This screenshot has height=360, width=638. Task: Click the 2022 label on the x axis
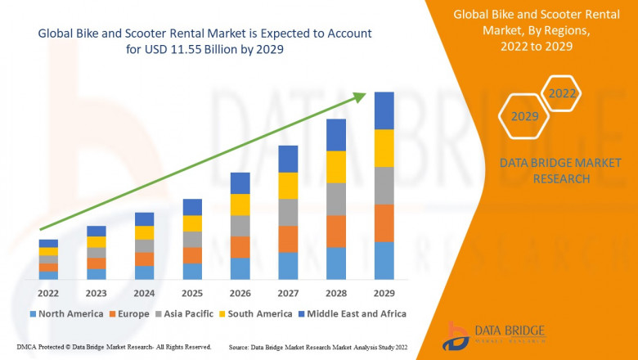tap(48, 293)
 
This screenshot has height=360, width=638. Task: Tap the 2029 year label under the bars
tap(384, 293)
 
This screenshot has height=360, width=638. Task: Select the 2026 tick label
tap(240, 293)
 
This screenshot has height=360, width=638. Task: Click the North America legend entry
tap(65, 313)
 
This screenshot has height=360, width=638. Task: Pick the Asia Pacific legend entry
tap(184, 313)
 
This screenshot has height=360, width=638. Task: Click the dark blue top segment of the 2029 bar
tap(384, 110)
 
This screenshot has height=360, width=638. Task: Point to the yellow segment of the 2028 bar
tap(336, 167)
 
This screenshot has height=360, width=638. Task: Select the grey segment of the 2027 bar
tap(288, 212)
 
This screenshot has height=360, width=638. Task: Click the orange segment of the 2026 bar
tap(240, 247)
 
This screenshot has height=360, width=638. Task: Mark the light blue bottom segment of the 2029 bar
tap(384, 260)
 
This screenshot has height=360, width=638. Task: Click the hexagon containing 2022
tap(562, 94)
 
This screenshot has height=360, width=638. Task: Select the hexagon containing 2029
tap(524, 117)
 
